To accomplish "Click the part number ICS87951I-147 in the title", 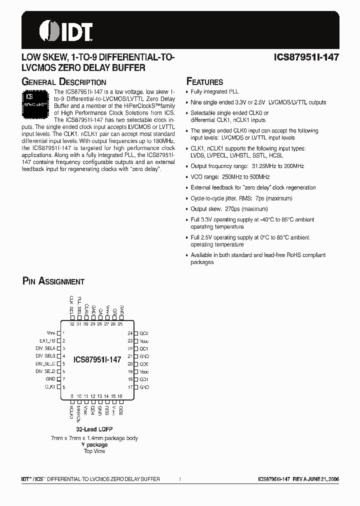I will click(306, 57).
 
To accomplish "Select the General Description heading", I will click(64, 82).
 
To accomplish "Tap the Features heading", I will click(204, 82).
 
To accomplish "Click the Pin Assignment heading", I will click(53, 281).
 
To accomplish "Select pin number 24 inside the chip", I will click(130, 333).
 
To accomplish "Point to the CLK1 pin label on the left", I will click(49, 386).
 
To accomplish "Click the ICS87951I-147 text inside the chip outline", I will click(97, 359).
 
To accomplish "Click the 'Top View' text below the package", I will click(94, 451).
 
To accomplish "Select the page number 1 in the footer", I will click(179, 479).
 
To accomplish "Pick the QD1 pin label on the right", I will click(144, 379).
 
